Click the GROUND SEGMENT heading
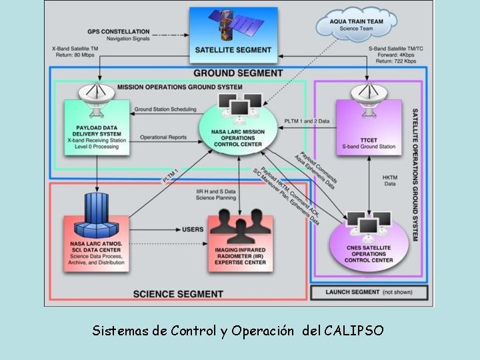click(x=228, y=73)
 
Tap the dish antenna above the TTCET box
click(x=369, y=92)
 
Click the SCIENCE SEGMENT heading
click(x=178, y=293)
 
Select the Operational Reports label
click(x=163, y=138)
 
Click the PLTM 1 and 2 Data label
click(x=307, y=121)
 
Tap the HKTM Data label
click(x=390, y=181)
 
